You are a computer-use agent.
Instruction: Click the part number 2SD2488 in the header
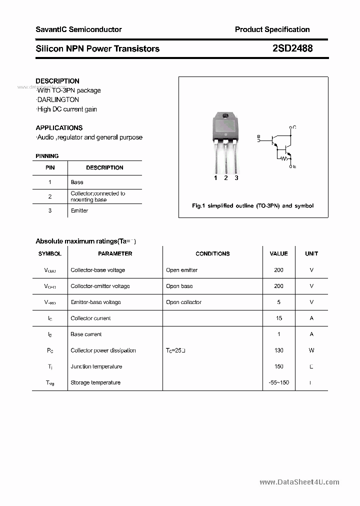tap(292, 48)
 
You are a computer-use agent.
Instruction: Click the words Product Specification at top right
tap(272, 29)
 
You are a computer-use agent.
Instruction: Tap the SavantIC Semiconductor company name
tap(78, 29)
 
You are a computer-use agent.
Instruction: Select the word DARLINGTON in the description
tap(58, 100)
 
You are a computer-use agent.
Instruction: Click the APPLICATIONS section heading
tap(59, 128)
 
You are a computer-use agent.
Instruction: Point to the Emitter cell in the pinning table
tap(79, 210)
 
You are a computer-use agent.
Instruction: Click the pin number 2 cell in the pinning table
tap(50, 196)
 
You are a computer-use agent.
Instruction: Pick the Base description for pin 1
tap(77, 182)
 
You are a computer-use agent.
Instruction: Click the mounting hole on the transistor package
tap(225, 116)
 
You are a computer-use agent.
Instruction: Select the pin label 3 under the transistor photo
tap(236, 178)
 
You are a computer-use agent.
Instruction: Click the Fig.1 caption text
tap(253, 206)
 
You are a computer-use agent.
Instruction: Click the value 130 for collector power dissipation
tap(278, 350)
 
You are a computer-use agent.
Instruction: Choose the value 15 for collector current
tap(278, 318)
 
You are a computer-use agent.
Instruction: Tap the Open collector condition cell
tap(183, 302)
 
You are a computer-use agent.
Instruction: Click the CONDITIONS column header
tap(212, 254)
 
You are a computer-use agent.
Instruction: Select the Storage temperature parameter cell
tap(95, 382)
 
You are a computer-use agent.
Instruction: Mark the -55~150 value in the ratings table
tap(278, 382)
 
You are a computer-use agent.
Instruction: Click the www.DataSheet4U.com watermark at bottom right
tap(299, 482)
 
